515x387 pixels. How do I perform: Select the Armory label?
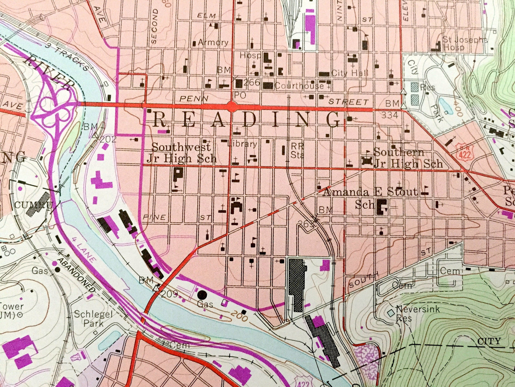pyautogui.click(x=213, y=42)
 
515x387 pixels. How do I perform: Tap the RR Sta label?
pyautogui.click(x=297, y=151)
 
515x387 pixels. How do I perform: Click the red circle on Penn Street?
pyautogui.click(x=232, y=106)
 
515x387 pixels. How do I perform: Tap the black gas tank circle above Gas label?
pyautogui.click(x=202, y=295)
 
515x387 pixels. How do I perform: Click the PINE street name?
pyautogui.click(x=155, y=217)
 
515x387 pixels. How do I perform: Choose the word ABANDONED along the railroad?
pyautogui.click(x=77, y=274)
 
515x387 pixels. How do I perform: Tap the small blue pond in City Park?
pyautogui.click(x=446, y=106)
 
